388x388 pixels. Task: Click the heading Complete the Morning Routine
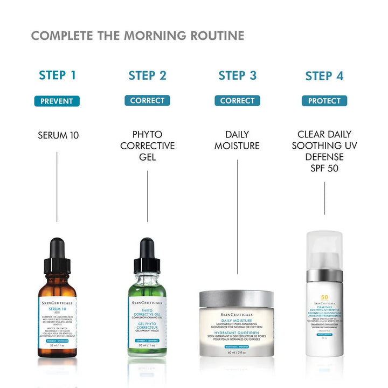click(x=137, y=36)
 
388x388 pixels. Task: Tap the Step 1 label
click(x=57, y=75)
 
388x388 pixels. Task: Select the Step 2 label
click(x=147, y=75)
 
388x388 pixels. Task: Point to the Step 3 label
click(x=237, y=75)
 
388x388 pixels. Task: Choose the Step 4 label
click(x=324, y=76)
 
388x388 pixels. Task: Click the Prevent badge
click(x=57, y=101)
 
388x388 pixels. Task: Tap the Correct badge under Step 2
click(x=147, y=101)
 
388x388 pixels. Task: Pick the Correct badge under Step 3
click(x=237, y=101)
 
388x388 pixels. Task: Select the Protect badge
click(x=324, y=101)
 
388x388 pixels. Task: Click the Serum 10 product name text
click(x=58, y=135)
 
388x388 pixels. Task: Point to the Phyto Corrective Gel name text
click(x=147, y=145)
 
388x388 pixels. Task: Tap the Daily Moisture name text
click(x=237, y=140)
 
